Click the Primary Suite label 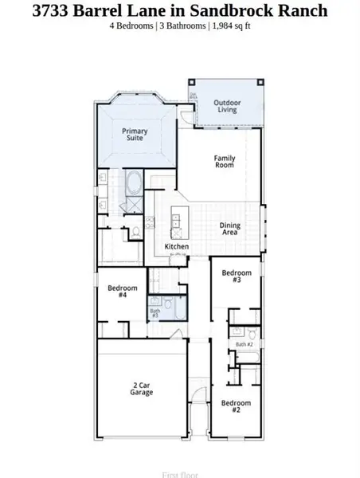135,135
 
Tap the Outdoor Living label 229,105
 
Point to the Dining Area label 230,229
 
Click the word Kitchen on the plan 177,247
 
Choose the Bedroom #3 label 236,276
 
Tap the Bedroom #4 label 122,292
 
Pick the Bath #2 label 244,344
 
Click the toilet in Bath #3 168,303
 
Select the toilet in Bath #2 252,332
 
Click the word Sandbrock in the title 242,11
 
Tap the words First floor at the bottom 179,475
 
